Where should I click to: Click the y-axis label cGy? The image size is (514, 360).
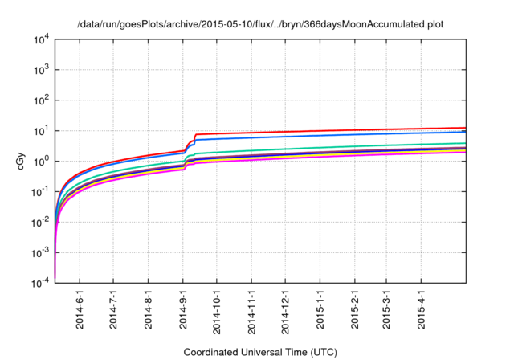click(x=22, y=161)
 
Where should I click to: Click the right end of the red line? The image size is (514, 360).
click(x=465, y=128)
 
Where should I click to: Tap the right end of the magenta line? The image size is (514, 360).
click(x=465, y=152)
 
